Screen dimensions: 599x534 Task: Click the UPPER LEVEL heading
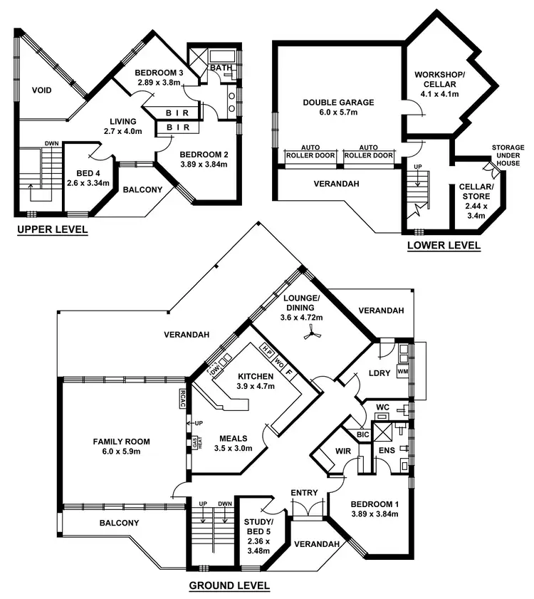[52, 229]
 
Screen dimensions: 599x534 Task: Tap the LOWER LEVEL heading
[444, 246]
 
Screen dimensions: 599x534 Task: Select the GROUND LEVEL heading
[229, 586]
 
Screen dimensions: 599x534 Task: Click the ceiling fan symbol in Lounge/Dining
[310, 333]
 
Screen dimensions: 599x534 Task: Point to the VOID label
[43, 90]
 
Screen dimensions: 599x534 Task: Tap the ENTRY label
[304, 493]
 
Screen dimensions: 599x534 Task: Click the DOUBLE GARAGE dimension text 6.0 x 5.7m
[338, 113]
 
